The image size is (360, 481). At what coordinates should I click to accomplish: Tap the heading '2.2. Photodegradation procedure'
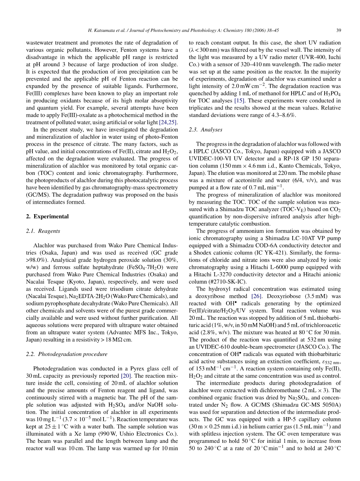click(67, 354)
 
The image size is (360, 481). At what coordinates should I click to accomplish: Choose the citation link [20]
click(126, 376)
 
